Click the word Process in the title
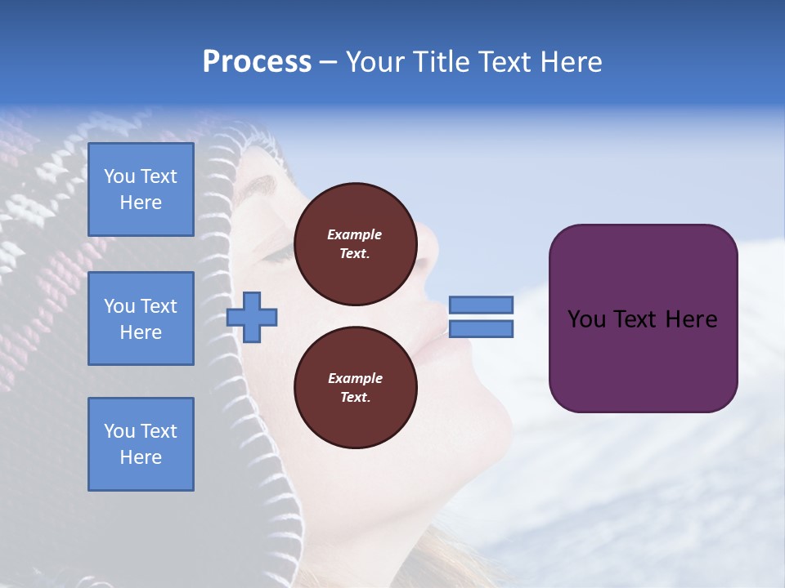click(257, 62)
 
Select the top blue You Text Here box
click(141, 189)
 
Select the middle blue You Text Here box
click(141, 318)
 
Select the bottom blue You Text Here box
click(141, 444)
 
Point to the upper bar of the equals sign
click(481, 305)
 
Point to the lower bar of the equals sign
click(481, 329)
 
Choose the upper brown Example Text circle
click(355, 244)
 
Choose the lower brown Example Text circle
click(355, 388)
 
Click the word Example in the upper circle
click(355, 234)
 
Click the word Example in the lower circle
click(355, 378)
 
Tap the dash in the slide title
click(329, 62)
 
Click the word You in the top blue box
click(119, 176)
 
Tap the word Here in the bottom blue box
click(141, 457)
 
